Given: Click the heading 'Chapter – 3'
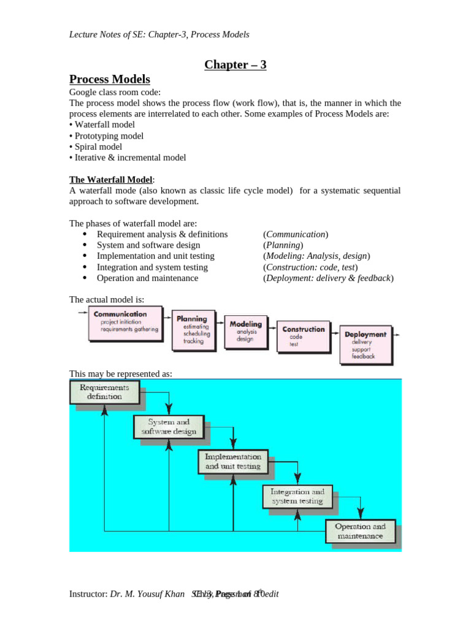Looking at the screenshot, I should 235,65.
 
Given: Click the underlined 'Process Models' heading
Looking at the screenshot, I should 109,80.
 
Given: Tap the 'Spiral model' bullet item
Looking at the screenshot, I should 98,147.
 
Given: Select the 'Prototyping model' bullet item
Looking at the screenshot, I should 109,136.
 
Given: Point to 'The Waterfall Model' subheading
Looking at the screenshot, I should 110,180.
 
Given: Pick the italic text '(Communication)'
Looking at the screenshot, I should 296,234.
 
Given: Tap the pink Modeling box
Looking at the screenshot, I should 245,331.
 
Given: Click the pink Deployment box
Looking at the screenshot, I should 365,344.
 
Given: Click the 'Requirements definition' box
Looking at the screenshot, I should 104,392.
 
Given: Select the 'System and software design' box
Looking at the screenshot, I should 169,426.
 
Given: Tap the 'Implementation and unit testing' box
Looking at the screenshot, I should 233,461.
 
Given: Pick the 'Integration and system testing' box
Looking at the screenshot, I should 297,496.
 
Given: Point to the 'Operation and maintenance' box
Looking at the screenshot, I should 360,531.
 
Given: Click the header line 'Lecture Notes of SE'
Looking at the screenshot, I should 159,35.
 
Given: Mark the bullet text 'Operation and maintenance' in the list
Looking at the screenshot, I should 147,278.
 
